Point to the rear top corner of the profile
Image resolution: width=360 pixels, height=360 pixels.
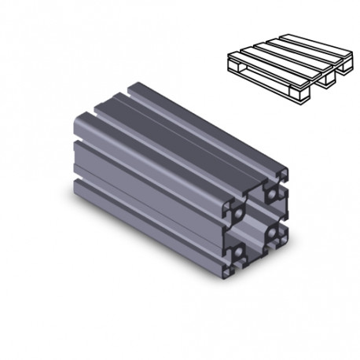coord(139,79)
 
